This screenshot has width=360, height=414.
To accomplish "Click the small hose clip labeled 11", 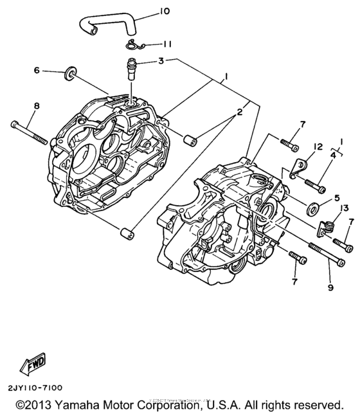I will coord(132,44).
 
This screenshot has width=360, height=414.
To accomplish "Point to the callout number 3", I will coord(161,60).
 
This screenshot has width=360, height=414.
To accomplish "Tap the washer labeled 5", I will coord(315,208).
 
